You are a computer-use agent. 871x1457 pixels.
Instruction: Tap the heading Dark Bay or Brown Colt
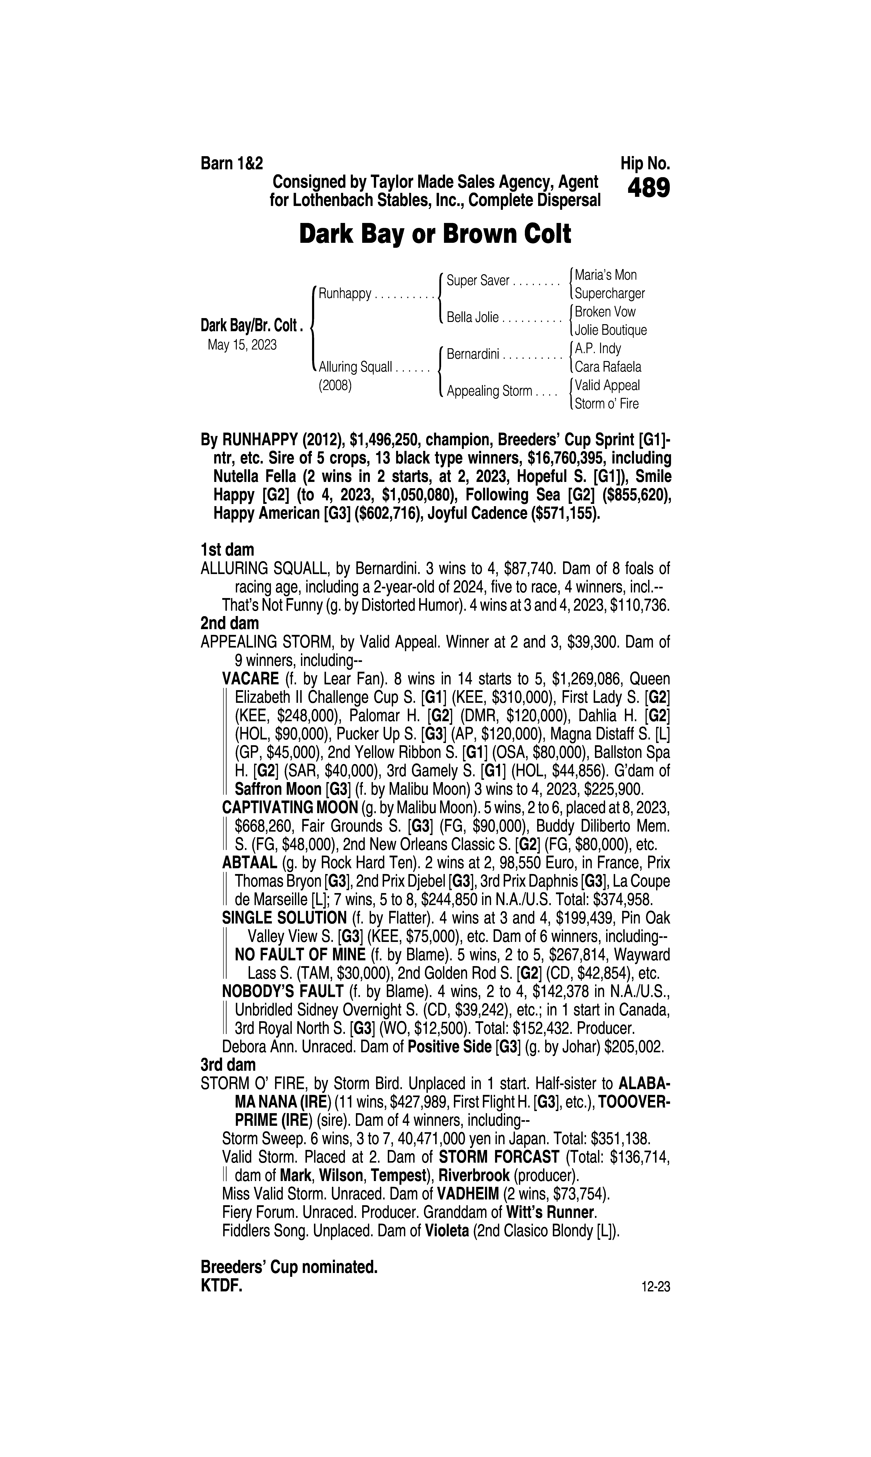pyautogui.click(x=435, y=234)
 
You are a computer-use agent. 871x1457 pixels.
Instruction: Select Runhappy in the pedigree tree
pyautogui.click(x=345, y=294)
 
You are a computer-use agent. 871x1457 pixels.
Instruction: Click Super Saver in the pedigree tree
pyautogui.click(x=478, y=281)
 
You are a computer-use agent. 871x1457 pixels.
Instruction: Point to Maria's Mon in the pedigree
pyautogui.click(x=606, y=275)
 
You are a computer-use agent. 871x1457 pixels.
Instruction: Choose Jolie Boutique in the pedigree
pyautogui.click(x=610, y=330)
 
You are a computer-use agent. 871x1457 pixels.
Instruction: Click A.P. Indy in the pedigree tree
pyautogui.click(x=598, y=348)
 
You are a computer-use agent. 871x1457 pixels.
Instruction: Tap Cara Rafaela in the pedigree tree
pyautogui.click(x=608, y=367)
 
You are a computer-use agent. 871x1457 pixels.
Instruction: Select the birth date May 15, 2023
pyautogui.click(x=242, y=345)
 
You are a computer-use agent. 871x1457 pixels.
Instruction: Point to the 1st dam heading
pyautogui.click(x=227, y=550)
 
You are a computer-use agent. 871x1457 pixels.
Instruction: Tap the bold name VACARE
pyautogui.click(x=250, y=679)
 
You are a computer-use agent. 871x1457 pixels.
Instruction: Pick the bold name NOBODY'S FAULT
pyautogui.click(x=282, y=992)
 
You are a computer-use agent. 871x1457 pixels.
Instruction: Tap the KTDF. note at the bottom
pyautogui.click(x=221, y=1286)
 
